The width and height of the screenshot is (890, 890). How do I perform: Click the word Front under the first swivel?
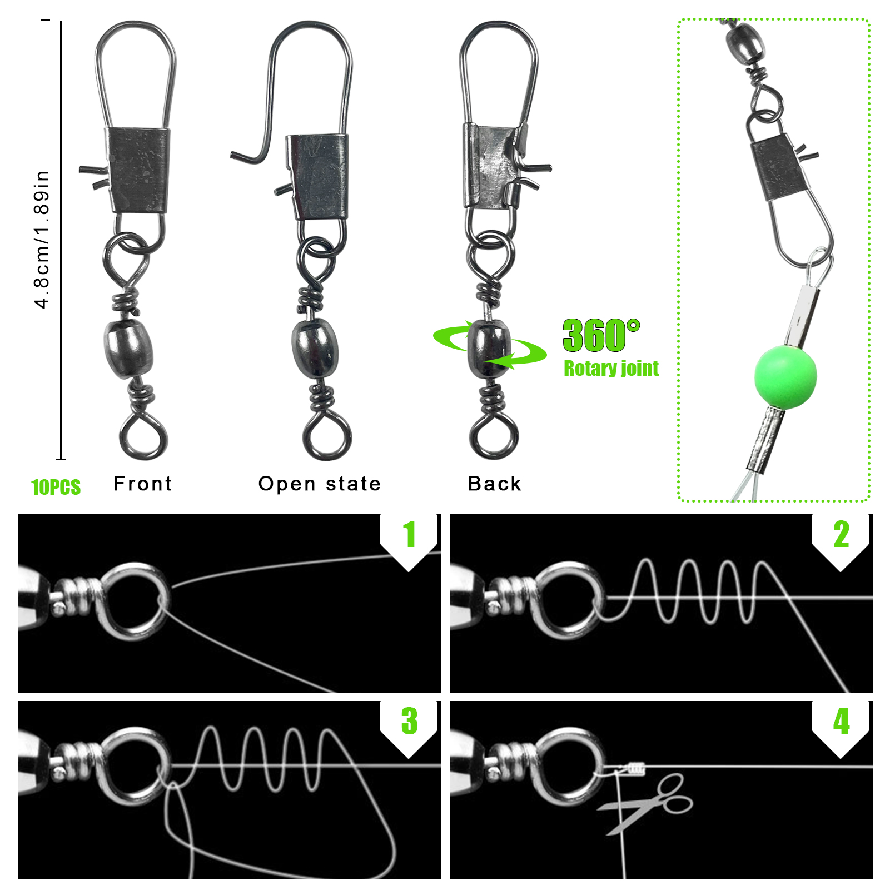point(143,484)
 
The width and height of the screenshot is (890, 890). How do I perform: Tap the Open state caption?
point(320,484)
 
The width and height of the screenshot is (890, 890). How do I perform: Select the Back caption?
point(495,484)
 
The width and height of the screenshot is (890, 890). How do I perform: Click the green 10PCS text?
point(56,488)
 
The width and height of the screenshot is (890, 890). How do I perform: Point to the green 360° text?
point(601,336)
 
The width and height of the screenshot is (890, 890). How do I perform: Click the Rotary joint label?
point(611,369)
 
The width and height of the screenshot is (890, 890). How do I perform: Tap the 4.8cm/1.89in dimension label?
point(42,239)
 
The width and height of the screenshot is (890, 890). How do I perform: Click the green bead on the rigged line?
point(785,377)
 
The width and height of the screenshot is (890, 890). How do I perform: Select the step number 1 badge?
point(409,535)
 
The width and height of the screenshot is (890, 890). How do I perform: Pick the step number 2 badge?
point(841,535)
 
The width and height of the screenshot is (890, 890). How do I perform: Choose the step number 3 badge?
point(409,721)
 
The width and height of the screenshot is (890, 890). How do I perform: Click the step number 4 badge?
point(841,721)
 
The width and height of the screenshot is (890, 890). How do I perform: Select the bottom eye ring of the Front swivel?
point(143,436)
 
